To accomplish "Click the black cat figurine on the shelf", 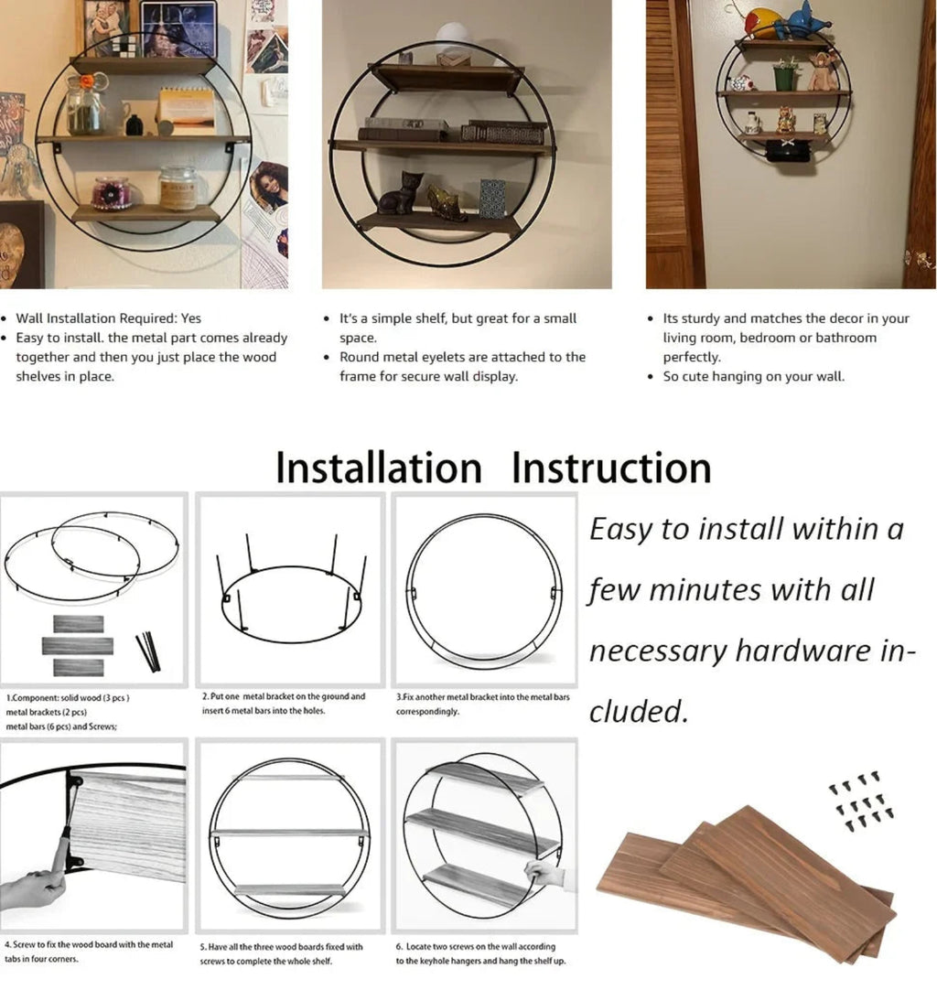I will pyautogui.click(x=401, y=193).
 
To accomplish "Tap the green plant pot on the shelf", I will pyautogui.click(x=785, y=77).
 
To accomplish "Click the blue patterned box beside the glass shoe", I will pyautogui.click(x=492, y=199).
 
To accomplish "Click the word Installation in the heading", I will pyautogui.click(x=378, y=468).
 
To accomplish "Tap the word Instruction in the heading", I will pyautogui.click(x=611, y=468).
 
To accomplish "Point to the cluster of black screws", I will pyautogui.click(x=861, y=801).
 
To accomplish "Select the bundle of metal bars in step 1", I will pyautogui.click(x=147, y=651).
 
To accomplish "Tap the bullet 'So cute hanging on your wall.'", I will pyautogui.click(x=753, y=377).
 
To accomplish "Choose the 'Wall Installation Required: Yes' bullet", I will pyautogui.click(x=108, y=318).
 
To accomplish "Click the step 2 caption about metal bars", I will pyautogui.click(x=284, y=703).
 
